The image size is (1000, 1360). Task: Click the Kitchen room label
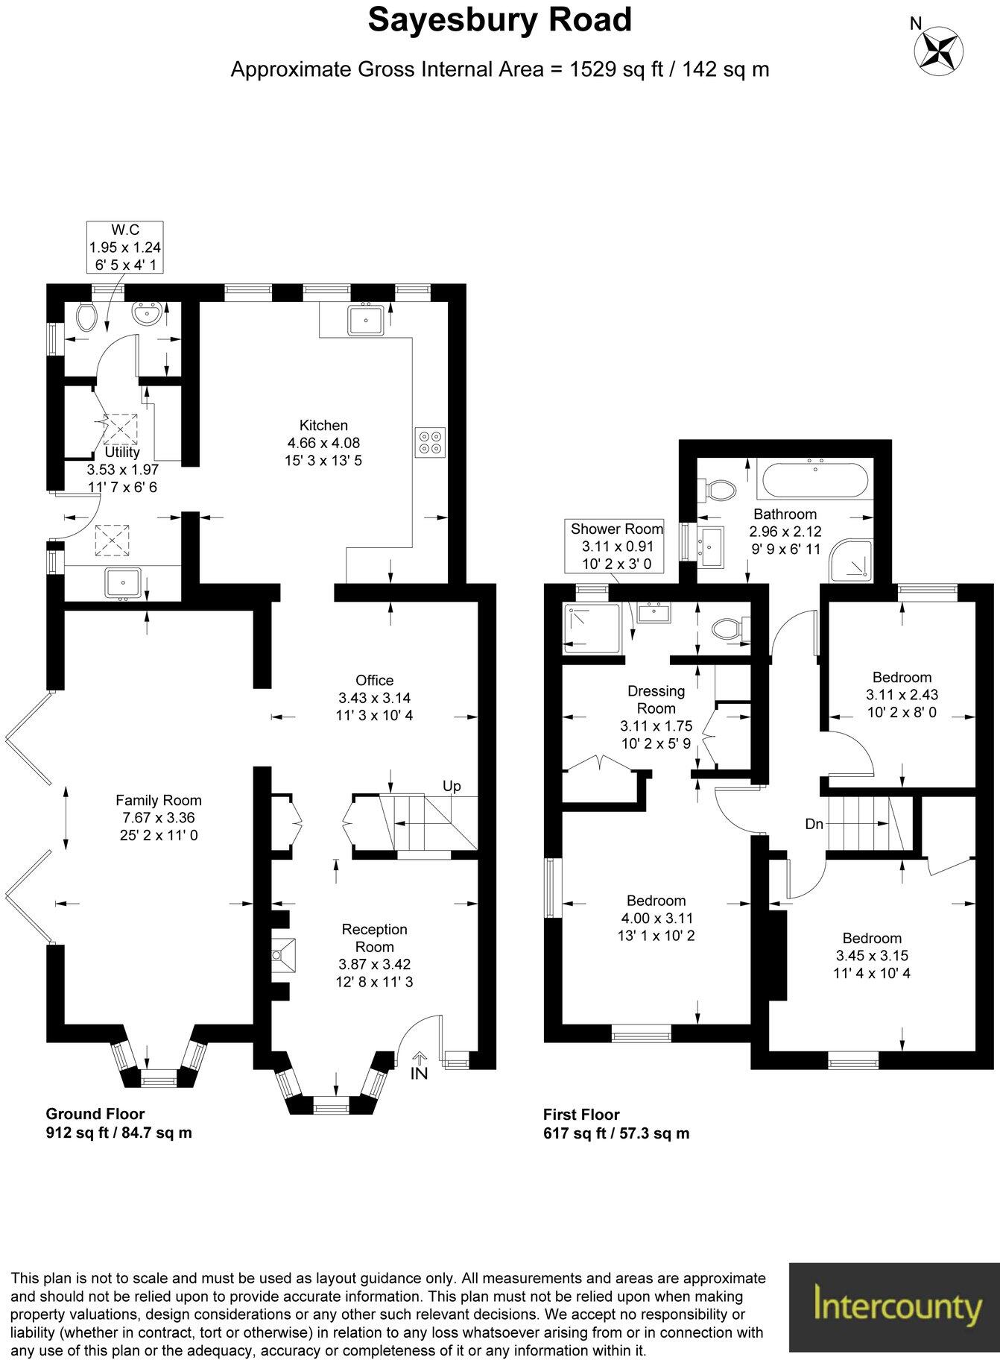point(323,426)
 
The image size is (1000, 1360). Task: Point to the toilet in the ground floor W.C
point(86,318)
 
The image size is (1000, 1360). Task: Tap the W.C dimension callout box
point(124,247)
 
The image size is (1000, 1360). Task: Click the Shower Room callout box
point(616,546)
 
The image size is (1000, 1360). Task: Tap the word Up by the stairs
point(452,786)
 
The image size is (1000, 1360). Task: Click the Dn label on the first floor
point(814,824)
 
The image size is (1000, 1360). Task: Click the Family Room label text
point(158,800)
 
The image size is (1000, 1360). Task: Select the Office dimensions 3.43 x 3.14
point(374,698)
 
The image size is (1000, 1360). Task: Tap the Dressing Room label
point(656,699)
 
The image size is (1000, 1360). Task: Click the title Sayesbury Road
point(499,21)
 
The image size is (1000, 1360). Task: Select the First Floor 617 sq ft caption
point(615,1124)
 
